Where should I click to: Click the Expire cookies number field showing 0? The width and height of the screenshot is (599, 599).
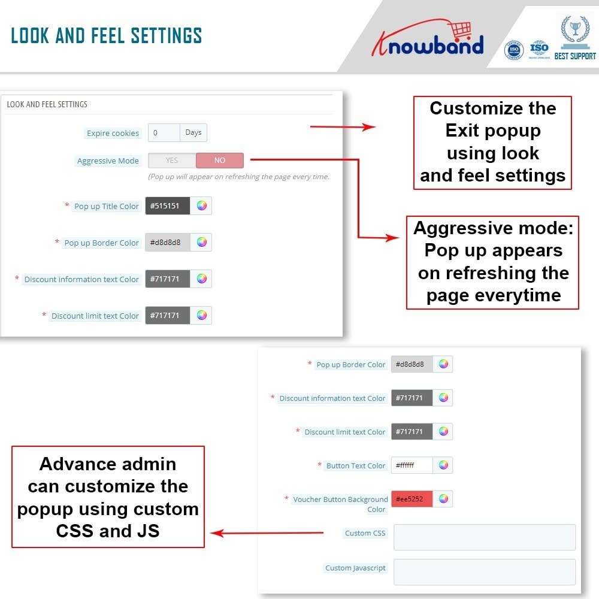[x=164, y=133]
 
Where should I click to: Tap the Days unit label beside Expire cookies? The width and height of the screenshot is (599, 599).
[x=193, y=133]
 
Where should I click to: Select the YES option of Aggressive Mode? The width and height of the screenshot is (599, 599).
[x=172, y=161]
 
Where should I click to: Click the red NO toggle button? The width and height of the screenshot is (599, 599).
[x=220, y=161]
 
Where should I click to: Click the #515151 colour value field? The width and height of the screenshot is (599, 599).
[x=167, y=206]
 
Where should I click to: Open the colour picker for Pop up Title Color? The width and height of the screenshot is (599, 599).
[x=202, y=206]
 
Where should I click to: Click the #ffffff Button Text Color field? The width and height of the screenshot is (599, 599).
[x=412, y=465]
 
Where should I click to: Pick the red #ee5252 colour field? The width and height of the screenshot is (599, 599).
[x=412, y=499]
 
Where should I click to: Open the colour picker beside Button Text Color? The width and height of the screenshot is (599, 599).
[x=443, y=465]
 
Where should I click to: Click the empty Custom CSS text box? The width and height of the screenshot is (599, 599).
[x=484, y=537]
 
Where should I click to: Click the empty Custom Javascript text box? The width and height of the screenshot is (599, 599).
[x=484, y=571]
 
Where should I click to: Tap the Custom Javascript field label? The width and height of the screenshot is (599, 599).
[x=355, y=568]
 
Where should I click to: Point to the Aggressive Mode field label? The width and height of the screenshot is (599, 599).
[x=108, y=161]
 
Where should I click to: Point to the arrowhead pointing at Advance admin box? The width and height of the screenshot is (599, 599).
[x=216, y=533]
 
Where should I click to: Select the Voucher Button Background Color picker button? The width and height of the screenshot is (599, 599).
[x=443, y=499]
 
